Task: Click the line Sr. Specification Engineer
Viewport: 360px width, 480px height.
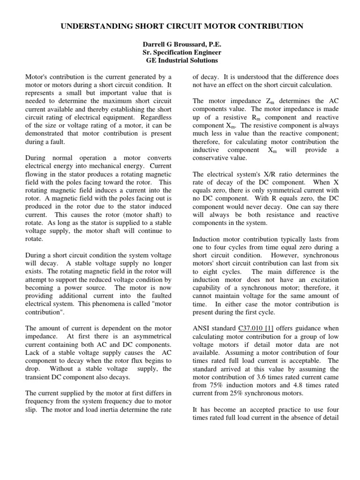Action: click(181, 52)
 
